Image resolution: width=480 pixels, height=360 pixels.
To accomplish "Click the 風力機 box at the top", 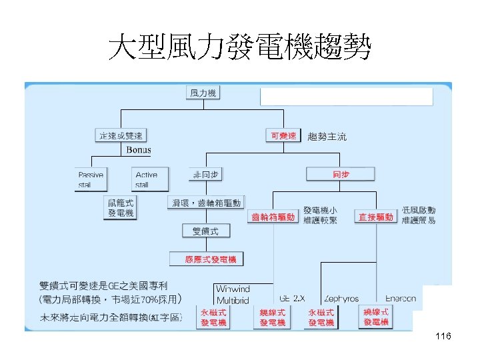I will pos(203,93).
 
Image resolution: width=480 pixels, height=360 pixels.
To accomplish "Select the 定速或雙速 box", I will pos(120,135).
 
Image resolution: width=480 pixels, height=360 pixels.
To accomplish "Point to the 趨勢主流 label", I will pos(327,137).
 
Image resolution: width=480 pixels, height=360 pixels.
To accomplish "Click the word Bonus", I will pos(139,151).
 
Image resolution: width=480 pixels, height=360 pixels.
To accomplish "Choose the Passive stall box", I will pos(91,179).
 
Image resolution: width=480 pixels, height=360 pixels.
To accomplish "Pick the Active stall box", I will pos(147,179).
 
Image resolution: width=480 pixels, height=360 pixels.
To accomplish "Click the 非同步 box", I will pos(206,174).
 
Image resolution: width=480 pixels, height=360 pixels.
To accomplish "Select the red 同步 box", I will pos(341,175).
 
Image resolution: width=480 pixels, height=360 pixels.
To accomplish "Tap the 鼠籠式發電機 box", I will pos(121,207).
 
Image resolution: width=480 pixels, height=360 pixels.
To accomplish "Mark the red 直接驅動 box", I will pos(376,217).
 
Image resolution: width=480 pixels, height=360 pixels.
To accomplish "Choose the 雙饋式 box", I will pos(205,231).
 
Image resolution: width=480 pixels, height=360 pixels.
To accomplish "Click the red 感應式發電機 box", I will pos(206,259).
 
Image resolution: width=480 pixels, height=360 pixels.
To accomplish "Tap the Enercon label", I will pos(400,299).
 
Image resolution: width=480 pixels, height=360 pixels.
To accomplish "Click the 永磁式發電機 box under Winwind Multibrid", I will pos(213,317).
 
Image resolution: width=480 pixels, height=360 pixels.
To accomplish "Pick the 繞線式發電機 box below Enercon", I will pos(376,317).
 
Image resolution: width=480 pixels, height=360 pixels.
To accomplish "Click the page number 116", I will pos(443,337).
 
